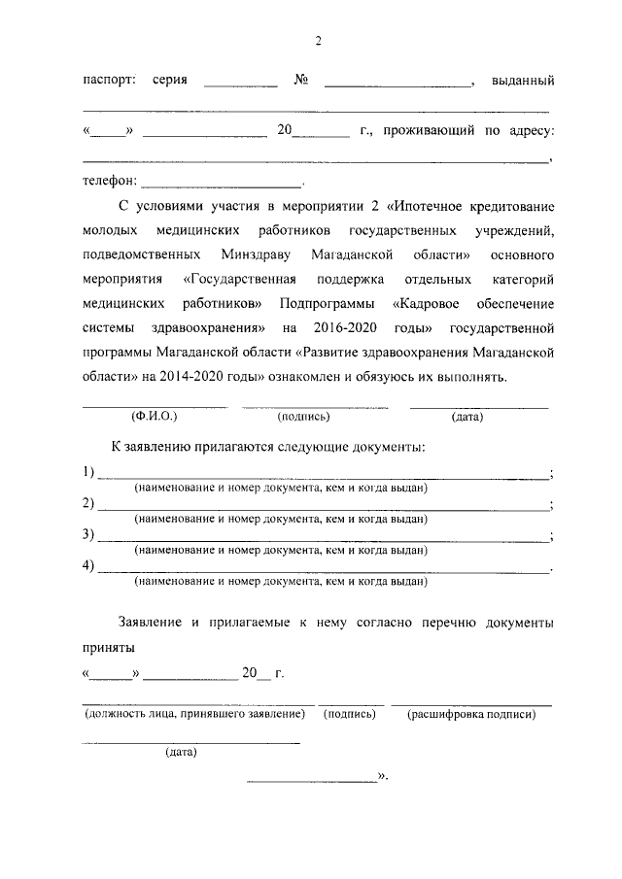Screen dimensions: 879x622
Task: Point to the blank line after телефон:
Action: click(x=223, y=182)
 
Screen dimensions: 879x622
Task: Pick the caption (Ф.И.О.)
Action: click(x=154, y=417)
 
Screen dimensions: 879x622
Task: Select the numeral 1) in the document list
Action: click(x=88, y=472)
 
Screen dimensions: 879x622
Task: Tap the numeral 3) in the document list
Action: click(x=88, y=534)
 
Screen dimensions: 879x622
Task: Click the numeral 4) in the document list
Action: click(x=88, y=565)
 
